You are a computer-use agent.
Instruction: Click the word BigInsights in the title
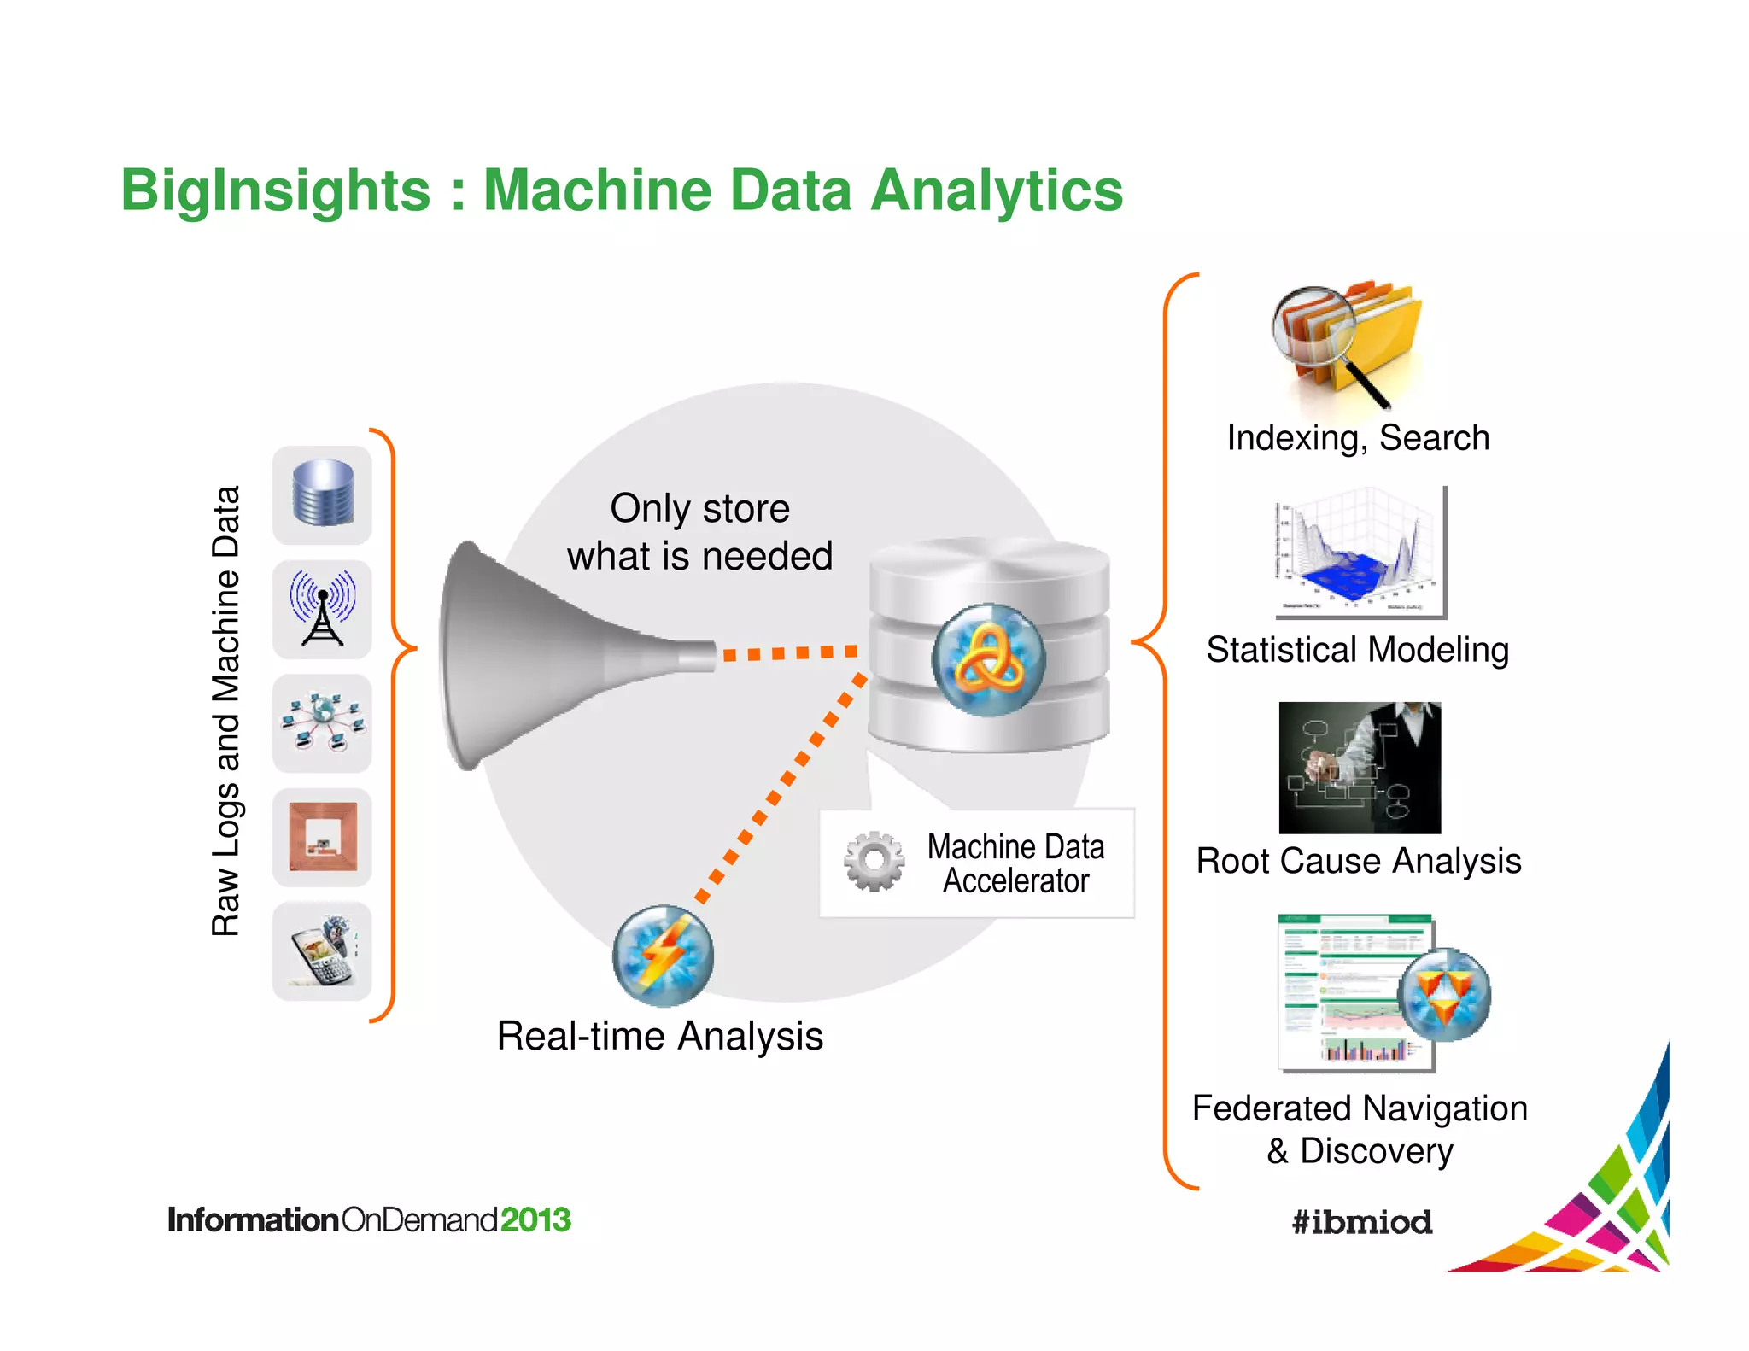275,190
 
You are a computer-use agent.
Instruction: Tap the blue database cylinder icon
322,494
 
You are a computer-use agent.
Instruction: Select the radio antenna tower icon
322,608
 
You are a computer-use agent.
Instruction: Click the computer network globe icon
322,722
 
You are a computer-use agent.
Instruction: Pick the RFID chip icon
322,836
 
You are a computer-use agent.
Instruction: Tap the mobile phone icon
322,950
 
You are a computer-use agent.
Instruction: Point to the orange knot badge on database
988,659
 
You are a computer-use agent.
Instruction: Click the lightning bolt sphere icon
663,955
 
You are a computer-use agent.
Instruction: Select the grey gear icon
874,861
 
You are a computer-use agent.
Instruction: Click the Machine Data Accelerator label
1015,863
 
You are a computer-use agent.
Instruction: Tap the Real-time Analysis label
659,1036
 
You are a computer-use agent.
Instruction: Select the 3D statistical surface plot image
1360,552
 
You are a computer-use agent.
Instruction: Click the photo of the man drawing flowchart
1360,767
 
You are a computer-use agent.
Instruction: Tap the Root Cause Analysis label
1358,861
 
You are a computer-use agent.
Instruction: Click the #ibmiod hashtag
1361,1222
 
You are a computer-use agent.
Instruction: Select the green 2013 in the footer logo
535,1219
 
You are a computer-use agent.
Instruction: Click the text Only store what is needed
699,532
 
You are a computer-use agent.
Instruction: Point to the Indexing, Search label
1358,437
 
